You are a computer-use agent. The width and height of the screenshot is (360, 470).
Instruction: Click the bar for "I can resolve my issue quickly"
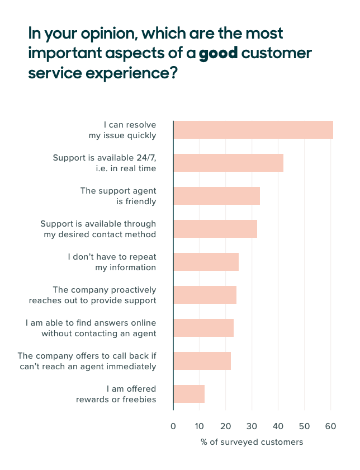(x=253, y=130)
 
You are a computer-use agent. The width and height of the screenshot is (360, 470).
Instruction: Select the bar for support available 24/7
(x=228, y=163)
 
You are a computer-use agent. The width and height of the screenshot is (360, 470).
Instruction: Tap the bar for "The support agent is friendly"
(x=216, y=196)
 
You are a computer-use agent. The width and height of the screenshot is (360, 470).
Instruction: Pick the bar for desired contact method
(x=215, y=229)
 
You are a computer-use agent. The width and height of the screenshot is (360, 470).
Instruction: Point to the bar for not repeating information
(x=206, y=262)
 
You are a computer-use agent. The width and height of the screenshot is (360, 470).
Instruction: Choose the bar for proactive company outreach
(x=205, y=295)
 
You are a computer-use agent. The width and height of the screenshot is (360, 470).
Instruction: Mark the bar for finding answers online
(x=203, y=328)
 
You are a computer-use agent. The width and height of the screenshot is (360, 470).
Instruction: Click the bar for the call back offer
(x=202, y=361)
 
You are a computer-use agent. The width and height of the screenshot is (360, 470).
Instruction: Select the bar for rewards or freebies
(x=189, y=394)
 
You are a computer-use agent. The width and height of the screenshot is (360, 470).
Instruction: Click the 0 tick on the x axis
(x=173, y=426)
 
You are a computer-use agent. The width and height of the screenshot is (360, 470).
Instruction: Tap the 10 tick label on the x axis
(x=199, y=426)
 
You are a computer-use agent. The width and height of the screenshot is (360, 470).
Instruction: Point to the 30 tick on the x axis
(x=252, y=426)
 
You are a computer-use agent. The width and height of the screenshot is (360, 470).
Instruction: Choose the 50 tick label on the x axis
(x=304, y=426)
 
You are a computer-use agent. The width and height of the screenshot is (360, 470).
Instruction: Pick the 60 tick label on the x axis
(x=330, y=426)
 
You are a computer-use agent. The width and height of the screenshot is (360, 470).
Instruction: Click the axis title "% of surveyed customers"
(x=252, y=442)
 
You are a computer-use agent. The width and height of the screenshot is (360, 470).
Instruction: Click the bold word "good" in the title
(x=219, y=54)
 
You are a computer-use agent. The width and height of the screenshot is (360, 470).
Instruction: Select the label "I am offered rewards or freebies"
(x=116, y=394)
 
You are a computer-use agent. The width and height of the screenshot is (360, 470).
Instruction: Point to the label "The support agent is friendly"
(x=118, y=196)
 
